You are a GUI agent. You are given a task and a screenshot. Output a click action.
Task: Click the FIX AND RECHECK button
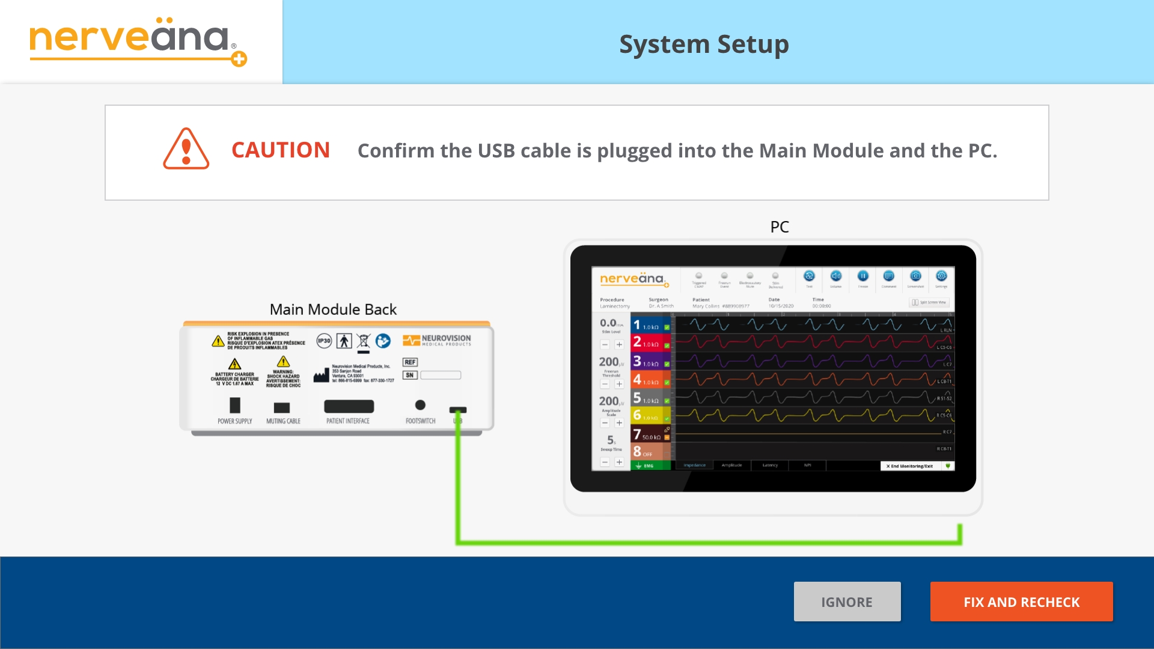click(1021, 602)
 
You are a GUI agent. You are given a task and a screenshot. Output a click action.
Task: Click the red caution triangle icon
click(186, 149)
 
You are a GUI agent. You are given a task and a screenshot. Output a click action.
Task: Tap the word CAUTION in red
click(281, 150)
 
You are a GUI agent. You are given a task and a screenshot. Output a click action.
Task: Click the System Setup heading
click(704, 44)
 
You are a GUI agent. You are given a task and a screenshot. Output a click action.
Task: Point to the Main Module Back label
click(333, 309)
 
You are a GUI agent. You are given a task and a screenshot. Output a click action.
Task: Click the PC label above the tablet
click(780, 227)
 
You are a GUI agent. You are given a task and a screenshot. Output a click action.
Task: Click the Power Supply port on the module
click(235, 406)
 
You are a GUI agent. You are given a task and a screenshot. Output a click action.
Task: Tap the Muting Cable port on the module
click(282, 407)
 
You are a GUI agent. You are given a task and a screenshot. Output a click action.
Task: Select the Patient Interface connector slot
click(349, 407)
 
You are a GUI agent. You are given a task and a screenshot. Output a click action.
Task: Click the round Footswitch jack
click(421, 405)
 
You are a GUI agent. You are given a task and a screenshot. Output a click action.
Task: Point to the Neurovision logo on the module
click(437, 340)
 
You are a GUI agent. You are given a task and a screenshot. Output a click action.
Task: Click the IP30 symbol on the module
click(324, 341)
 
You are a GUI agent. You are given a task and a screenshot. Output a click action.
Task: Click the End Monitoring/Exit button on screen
click(910, 466)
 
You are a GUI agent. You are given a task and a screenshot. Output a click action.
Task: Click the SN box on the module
click(410, 375)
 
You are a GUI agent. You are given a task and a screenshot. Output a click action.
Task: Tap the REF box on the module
click(410, 362)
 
